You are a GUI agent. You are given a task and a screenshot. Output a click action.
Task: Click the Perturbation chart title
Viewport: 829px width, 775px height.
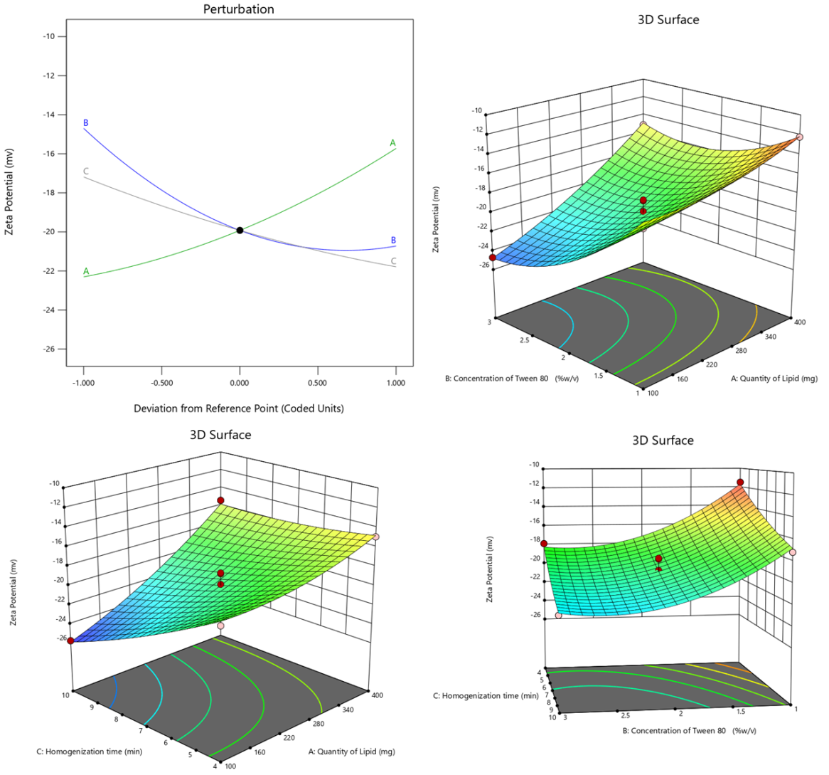(238, 9)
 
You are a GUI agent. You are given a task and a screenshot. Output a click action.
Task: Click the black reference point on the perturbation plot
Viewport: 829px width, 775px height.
(240, 230)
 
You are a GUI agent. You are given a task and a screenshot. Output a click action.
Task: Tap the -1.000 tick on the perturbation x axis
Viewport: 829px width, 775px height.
(83, 383)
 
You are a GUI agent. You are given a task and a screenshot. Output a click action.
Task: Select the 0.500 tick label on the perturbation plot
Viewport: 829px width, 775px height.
(317, 383)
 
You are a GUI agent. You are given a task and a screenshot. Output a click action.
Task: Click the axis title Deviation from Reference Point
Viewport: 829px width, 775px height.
(238, 408)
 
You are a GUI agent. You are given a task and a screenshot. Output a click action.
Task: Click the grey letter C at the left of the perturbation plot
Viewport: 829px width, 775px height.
(86, 171)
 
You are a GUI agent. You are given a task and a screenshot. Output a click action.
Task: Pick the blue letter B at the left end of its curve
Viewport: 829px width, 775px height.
(86, 123)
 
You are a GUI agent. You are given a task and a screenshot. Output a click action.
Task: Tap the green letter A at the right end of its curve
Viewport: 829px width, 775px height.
(392, 143)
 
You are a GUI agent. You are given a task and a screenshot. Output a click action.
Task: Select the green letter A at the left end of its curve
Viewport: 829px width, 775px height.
(86, 271)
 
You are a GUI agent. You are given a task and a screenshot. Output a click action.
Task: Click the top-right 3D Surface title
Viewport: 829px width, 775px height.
(668, 20)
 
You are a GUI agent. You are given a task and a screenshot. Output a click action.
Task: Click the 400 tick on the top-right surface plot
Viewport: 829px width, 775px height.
(800, 322)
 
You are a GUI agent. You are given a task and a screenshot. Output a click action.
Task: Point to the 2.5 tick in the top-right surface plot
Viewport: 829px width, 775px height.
(524, 340)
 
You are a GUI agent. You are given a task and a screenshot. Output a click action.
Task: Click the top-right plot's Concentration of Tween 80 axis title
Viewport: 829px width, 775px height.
(512, 379)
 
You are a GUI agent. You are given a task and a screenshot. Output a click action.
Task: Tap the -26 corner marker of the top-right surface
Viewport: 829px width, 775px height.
(492, 258)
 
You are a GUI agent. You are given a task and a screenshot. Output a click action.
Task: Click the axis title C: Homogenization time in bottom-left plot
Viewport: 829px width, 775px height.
(90, 751)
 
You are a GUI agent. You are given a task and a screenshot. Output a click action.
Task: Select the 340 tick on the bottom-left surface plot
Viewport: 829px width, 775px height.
(347, 710)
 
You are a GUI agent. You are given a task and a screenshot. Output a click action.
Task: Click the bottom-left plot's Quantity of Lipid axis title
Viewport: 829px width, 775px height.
(351, 751)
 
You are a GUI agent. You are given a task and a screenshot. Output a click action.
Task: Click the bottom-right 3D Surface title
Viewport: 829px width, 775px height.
(663, 441)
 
